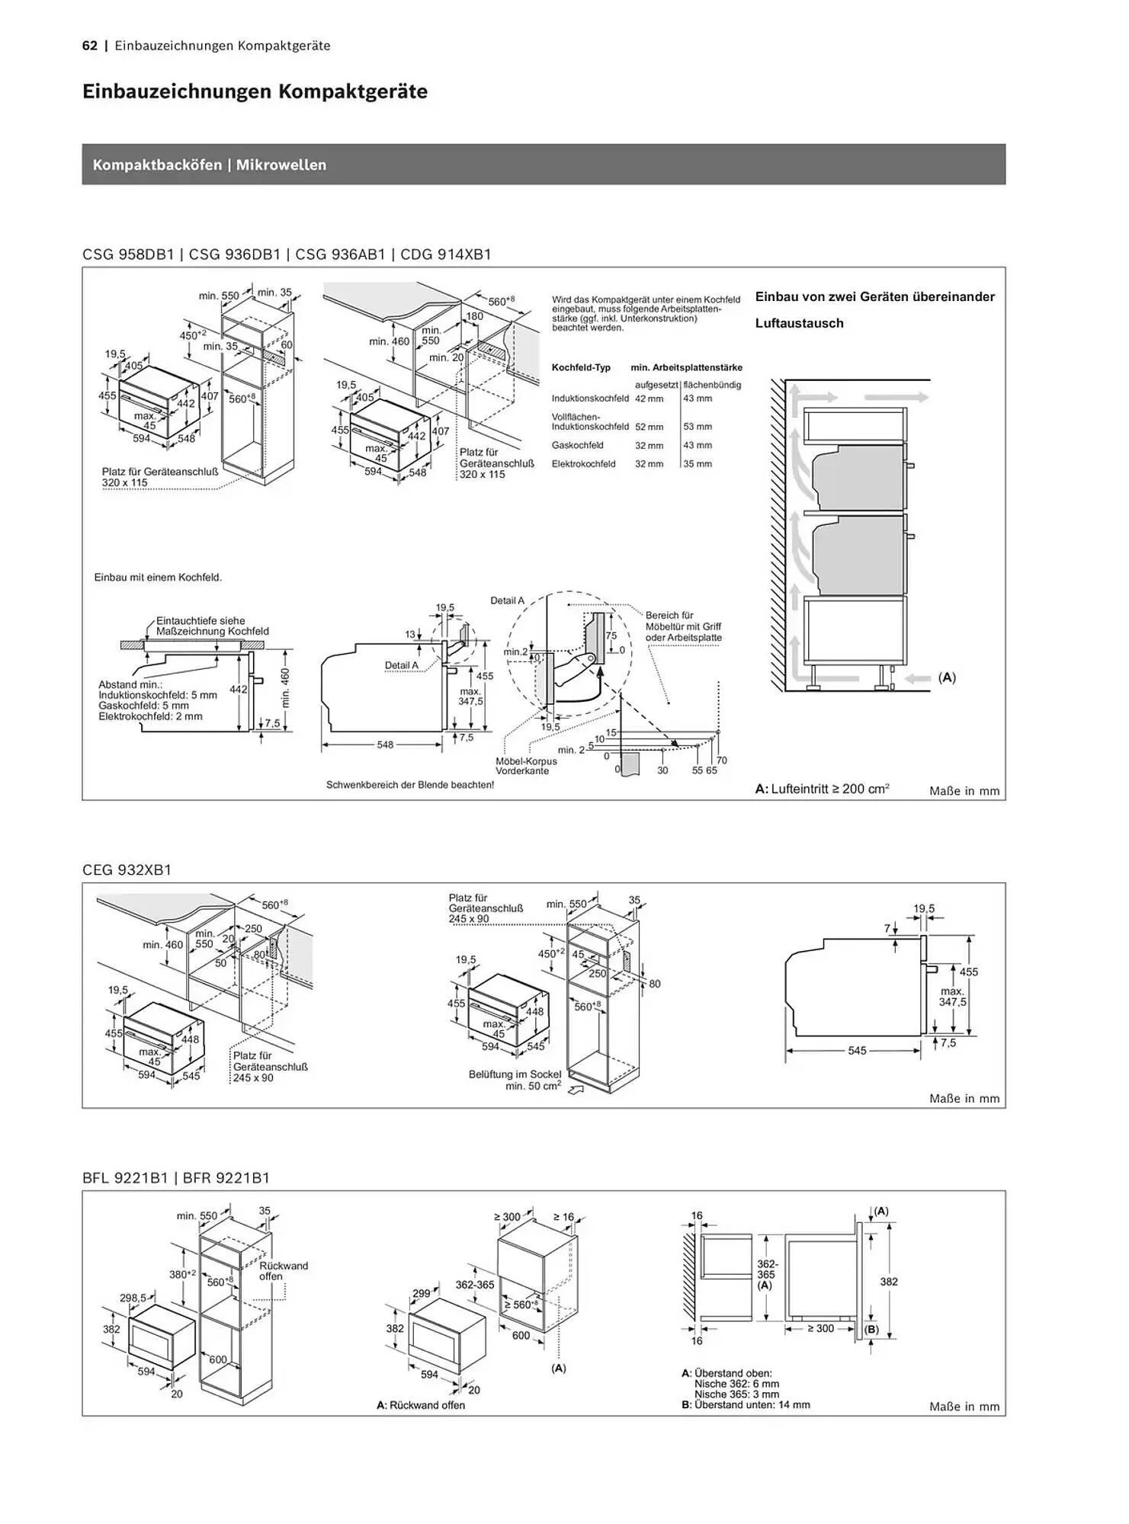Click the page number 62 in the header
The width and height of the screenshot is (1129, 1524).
(x=90, y=46)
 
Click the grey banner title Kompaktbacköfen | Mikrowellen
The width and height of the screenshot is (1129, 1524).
(x=210, y=165)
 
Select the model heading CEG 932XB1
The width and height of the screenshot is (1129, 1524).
(x=127, y=869)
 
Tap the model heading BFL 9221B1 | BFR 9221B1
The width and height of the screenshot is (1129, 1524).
(x=176, y=1177)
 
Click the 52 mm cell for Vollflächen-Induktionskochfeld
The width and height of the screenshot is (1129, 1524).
(x=649, y=427)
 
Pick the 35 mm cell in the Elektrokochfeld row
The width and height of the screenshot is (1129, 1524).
(x=698, y=464)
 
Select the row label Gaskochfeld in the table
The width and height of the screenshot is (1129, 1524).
(x=578, y=446)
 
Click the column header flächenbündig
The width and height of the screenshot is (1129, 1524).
(x=712, y=386)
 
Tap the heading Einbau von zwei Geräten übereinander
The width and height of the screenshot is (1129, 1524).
(x=875, y=297)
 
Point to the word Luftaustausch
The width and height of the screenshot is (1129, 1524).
(x=800, y=323)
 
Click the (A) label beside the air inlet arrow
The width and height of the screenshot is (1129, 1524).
(x=947, y=677)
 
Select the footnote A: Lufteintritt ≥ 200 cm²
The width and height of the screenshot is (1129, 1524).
(x=823, y=789)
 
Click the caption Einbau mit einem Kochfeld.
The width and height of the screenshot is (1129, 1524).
(x=158, y=578)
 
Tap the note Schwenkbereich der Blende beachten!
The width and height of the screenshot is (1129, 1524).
(x=410, y=785)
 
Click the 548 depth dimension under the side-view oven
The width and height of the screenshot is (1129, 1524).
(x=386, y=744)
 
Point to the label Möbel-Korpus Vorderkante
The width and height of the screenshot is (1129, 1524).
(x=526, y=766)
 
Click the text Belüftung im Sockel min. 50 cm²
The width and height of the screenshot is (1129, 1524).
(x=515, y=1080)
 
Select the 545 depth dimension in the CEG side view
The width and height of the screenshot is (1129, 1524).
(x=857, y=1051)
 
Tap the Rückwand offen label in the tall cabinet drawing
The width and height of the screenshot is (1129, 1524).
(x=283, y=1271)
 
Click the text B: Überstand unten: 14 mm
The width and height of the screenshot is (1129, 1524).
(x=746, y=1404)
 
